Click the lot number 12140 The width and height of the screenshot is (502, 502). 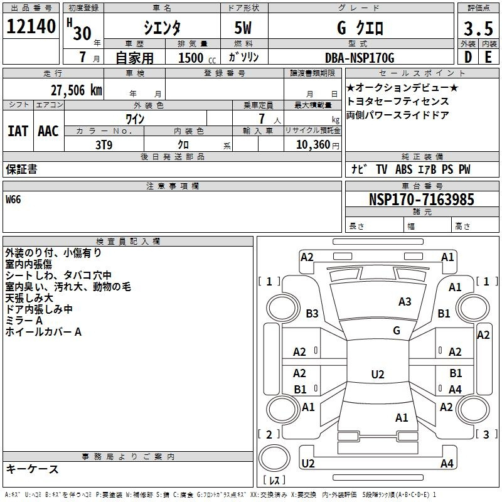[31, 26]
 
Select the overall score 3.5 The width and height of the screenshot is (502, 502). [478, 29]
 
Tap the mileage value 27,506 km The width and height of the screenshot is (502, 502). [77, 90]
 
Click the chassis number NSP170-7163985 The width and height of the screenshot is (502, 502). [421, 200]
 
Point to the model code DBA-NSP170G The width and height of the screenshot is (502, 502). [360, 58]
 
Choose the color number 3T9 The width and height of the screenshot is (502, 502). [104, 145]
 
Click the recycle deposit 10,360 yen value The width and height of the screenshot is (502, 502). [318, 145]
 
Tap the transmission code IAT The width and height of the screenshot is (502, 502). [18, 131]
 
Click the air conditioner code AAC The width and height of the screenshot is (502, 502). [48, 131]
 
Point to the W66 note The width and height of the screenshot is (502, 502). [13, 200]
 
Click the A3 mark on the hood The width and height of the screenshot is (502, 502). [405, 302]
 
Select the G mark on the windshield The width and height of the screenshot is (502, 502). [397, 331]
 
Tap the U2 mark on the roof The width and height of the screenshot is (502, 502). [378, 374]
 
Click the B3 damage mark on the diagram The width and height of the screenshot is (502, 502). [312, 313]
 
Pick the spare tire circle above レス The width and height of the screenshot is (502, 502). [274, 457]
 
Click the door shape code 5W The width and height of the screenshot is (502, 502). [243, 28]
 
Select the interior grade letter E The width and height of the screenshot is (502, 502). [488, 57]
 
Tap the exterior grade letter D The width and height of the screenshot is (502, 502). [468, 57]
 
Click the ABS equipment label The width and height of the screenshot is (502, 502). [403, 169]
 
